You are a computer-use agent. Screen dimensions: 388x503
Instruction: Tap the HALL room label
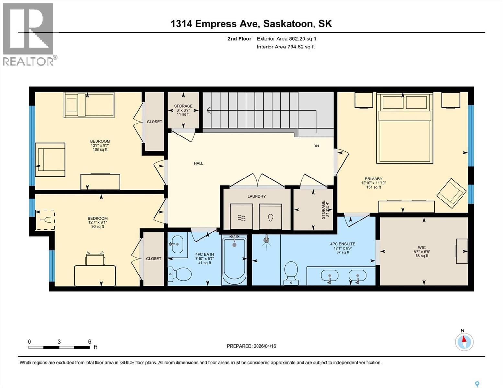(x=199, y=163)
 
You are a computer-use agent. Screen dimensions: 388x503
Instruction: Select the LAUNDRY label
(x=257, y=196)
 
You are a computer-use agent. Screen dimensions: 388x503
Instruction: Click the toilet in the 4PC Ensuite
(x=291, y=272)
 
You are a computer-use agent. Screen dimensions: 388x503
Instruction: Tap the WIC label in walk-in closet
(x=422, y=248)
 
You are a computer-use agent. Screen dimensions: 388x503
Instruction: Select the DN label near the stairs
(x=316, y=146)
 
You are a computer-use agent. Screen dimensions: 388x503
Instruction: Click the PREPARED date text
(x=251, y=346)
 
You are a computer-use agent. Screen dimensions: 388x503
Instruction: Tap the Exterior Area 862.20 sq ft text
(x=286, y=39)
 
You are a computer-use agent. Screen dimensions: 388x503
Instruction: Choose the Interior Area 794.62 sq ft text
(x=286, y=47)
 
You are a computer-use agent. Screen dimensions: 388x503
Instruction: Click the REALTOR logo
(x=29, y=34)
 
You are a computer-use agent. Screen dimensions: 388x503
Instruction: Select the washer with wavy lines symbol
(x=241, y=217)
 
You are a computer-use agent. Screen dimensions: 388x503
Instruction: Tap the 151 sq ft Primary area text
(x=373, y=187)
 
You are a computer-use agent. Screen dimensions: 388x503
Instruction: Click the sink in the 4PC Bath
(x=177, y=245)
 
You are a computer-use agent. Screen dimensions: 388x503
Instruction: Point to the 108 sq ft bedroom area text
(x=100, y=150)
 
